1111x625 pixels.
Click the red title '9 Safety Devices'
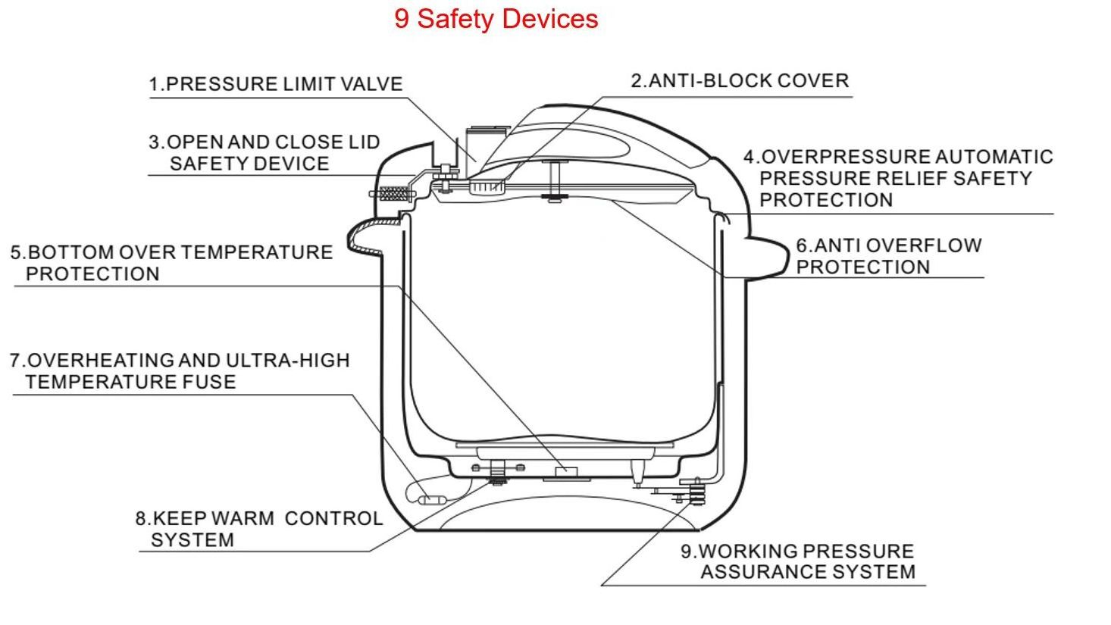[496, 18]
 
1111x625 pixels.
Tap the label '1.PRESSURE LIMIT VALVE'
[276, 83]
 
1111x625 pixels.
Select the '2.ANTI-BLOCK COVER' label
[740, 80]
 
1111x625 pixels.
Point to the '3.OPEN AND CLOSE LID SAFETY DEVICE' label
[263, 152]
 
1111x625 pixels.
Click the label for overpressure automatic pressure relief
[898, 178]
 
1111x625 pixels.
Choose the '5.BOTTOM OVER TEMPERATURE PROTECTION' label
[171, 263]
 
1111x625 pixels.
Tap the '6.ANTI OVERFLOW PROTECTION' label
[888, 256]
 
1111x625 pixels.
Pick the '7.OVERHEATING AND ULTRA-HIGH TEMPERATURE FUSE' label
[180, 370]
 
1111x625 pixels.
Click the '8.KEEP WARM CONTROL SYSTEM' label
[258, 529]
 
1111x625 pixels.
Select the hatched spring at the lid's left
[392, 194]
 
